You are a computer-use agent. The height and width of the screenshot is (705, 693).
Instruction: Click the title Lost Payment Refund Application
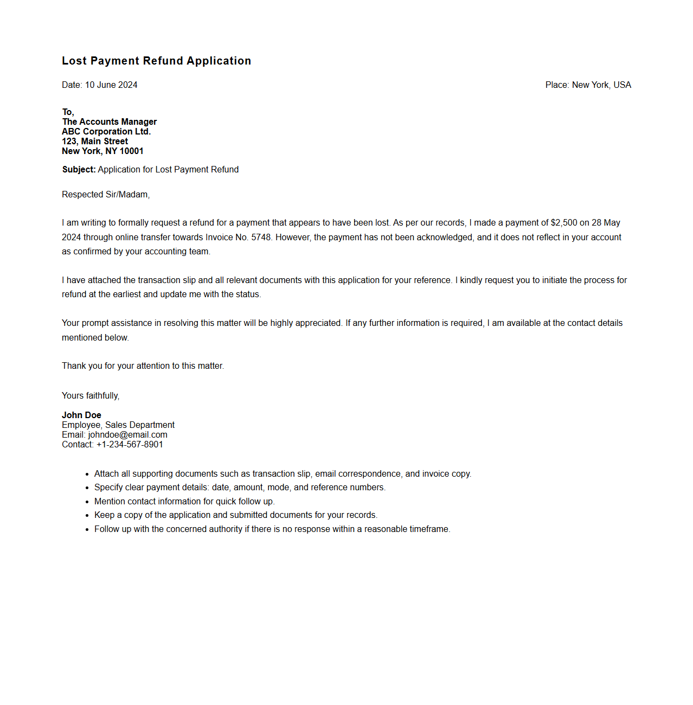156,61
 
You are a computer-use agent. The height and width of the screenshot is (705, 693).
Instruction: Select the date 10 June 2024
111,85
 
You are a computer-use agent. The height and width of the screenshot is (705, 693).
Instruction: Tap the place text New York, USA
601,85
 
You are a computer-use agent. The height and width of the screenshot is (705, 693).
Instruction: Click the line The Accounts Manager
110,122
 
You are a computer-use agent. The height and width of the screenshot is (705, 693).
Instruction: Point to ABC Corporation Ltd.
106,132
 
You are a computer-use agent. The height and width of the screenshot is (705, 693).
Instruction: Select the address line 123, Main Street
95,142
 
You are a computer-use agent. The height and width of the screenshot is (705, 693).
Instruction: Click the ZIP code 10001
132,151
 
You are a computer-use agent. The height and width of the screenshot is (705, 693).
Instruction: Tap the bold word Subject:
79,170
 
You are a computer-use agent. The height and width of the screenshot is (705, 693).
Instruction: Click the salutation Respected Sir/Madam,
106,195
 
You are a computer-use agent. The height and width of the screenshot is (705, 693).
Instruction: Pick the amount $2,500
564,223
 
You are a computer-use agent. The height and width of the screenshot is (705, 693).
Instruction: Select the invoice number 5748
261,238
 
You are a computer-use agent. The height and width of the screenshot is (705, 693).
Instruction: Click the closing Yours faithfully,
91,396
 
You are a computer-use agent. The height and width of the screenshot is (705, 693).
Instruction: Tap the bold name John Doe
81,415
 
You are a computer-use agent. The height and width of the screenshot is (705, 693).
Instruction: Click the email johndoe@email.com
128,435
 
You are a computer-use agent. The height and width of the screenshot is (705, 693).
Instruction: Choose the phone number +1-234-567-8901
130,445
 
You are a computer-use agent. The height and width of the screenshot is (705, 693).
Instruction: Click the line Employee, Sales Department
118,425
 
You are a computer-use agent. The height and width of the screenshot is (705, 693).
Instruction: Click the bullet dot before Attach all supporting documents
87,475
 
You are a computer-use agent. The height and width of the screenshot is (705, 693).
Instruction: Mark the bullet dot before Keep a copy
87,516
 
